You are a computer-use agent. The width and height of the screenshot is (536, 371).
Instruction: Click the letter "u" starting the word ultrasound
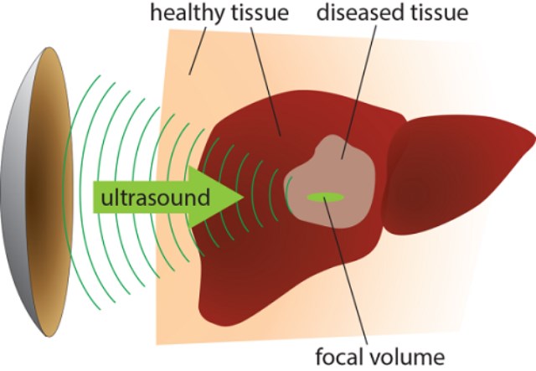tap(105, 198)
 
